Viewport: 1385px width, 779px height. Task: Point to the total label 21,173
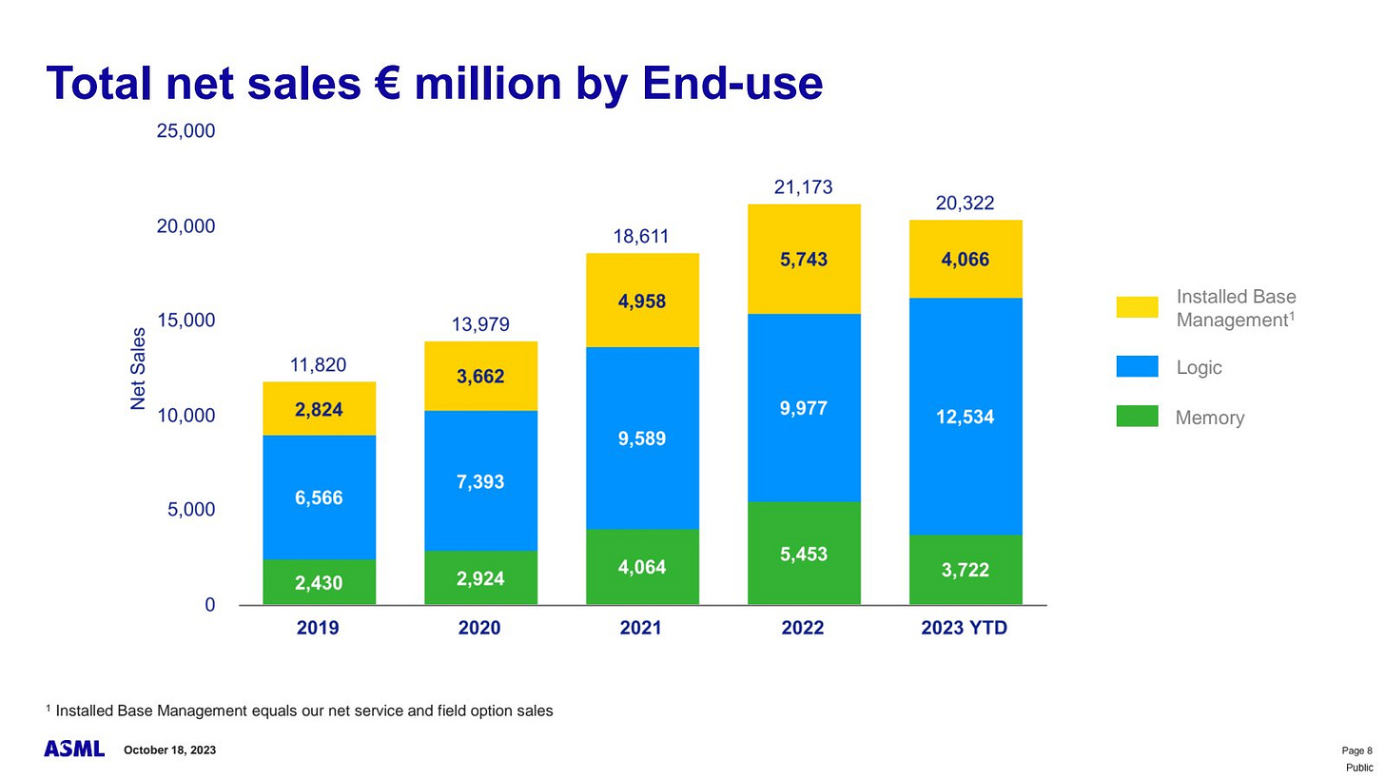pyautogui.click(x=803, y=187)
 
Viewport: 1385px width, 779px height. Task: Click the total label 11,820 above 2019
pyautogui.click(x=318, y=365)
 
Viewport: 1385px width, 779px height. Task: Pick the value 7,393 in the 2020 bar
pyautogui.click(x=479, y=482)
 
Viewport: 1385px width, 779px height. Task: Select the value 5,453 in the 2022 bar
pyautogui.click(x=803, y=554)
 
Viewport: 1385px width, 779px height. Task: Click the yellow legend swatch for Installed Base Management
pyautogui.click(x=1137, y=307)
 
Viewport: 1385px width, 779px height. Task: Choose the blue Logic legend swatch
pyautogui.click(x=1137, y=367)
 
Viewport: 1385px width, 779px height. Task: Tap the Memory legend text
pyautogui.click(x=1209, y=418)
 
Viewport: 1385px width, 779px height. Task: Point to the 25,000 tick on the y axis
pyautogui.click(x=185, y=131)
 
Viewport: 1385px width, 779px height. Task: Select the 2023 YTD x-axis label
pyautogui.click(x=965, y=629)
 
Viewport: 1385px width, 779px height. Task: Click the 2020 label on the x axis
pyautogui.click(x=479, y=629)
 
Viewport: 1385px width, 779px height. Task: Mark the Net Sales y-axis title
pyautogui.click(x=139, y=368)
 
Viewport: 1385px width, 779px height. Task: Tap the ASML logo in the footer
pyautogui.click(x=74, y=750)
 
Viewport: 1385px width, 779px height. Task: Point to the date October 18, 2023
pyautogui.click(x=169, y=750)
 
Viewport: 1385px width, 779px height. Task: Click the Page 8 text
pyautogui.click(x=1356, y=750)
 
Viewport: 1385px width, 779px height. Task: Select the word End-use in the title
pyautogui.click(x=732, y=84)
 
